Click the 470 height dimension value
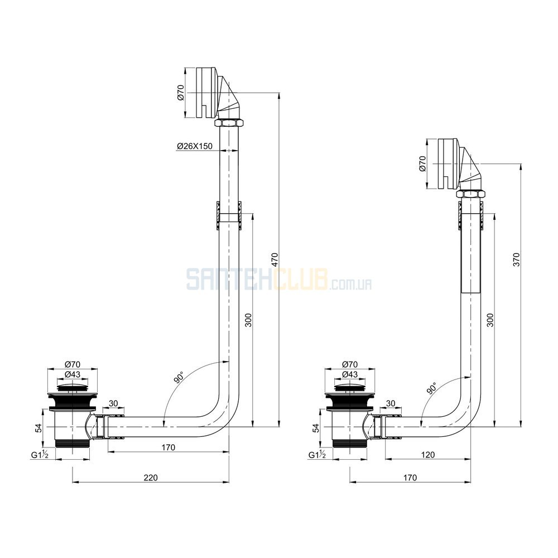(274, 260)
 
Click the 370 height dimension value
(516, 259)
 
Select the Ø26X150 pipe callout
(194, 146)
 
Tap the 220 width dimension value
(150, 478)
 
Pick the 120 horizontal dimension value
(427, 455)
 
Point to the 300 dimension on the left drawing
(248, 320)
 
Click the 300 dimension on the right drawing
(490, 320)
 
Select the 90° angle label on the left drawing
(179, 378)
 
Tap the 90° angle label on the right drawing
(431, 388)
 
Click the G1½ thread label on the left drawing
(39, 455)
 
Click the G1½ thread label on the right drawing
(317, 455)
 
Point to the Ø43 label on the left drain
(73, 374)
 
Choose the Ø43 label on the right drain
(350, 374)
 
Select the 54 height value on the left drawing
(39, 428)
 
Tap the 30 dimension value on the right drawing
(391, 403)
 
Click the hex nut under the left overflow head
(229, 123)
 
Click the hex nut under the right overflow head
(470, 194)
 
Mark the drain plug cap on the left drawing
(73, 387)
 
